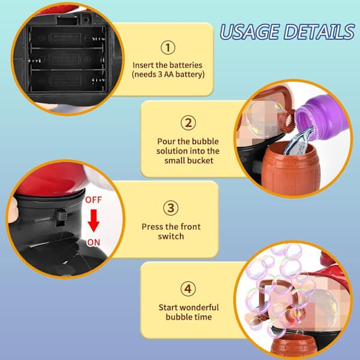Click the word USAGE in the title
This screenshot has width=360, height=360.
point(250,32)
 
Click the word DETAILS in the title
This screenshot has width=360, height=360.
point(319,32)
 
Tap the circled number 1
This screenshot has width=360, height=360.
point(168,47)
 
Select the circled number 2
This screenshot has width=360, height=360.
point(188,123)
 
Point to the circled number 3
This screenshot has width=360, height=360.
point(170,208)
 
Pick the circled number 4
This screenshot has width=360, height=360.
point(188,289)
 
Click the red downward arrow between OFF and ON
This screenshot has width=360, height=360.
point(94,220)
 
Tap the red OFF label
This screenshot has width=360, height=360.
point(93,200)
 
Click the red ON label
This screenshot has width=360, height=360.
point(94,242)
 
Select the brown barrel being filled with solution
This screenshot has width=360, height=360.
point(290,169)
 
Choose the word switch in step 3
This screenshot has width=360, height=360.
point(171,236)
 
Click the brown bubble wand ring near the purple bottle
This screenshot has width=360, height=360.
point(289,121)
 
